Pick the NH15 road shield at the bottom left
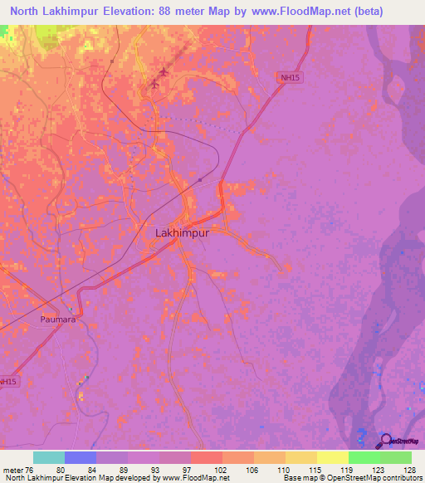click(x=7, y=382)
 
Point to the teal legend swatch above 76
click(x=49, y=457)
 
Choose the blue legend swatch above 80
click(x=81, y=457)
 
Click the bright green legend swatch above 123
click(x=364, y=457)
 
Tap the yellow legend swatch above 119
click(x=333, y=457)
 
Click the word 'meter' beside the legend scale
click(x=13, y=470)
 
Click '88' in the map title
click(x=186, y=10)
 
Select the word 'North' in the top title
click(x=24, y=10)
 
